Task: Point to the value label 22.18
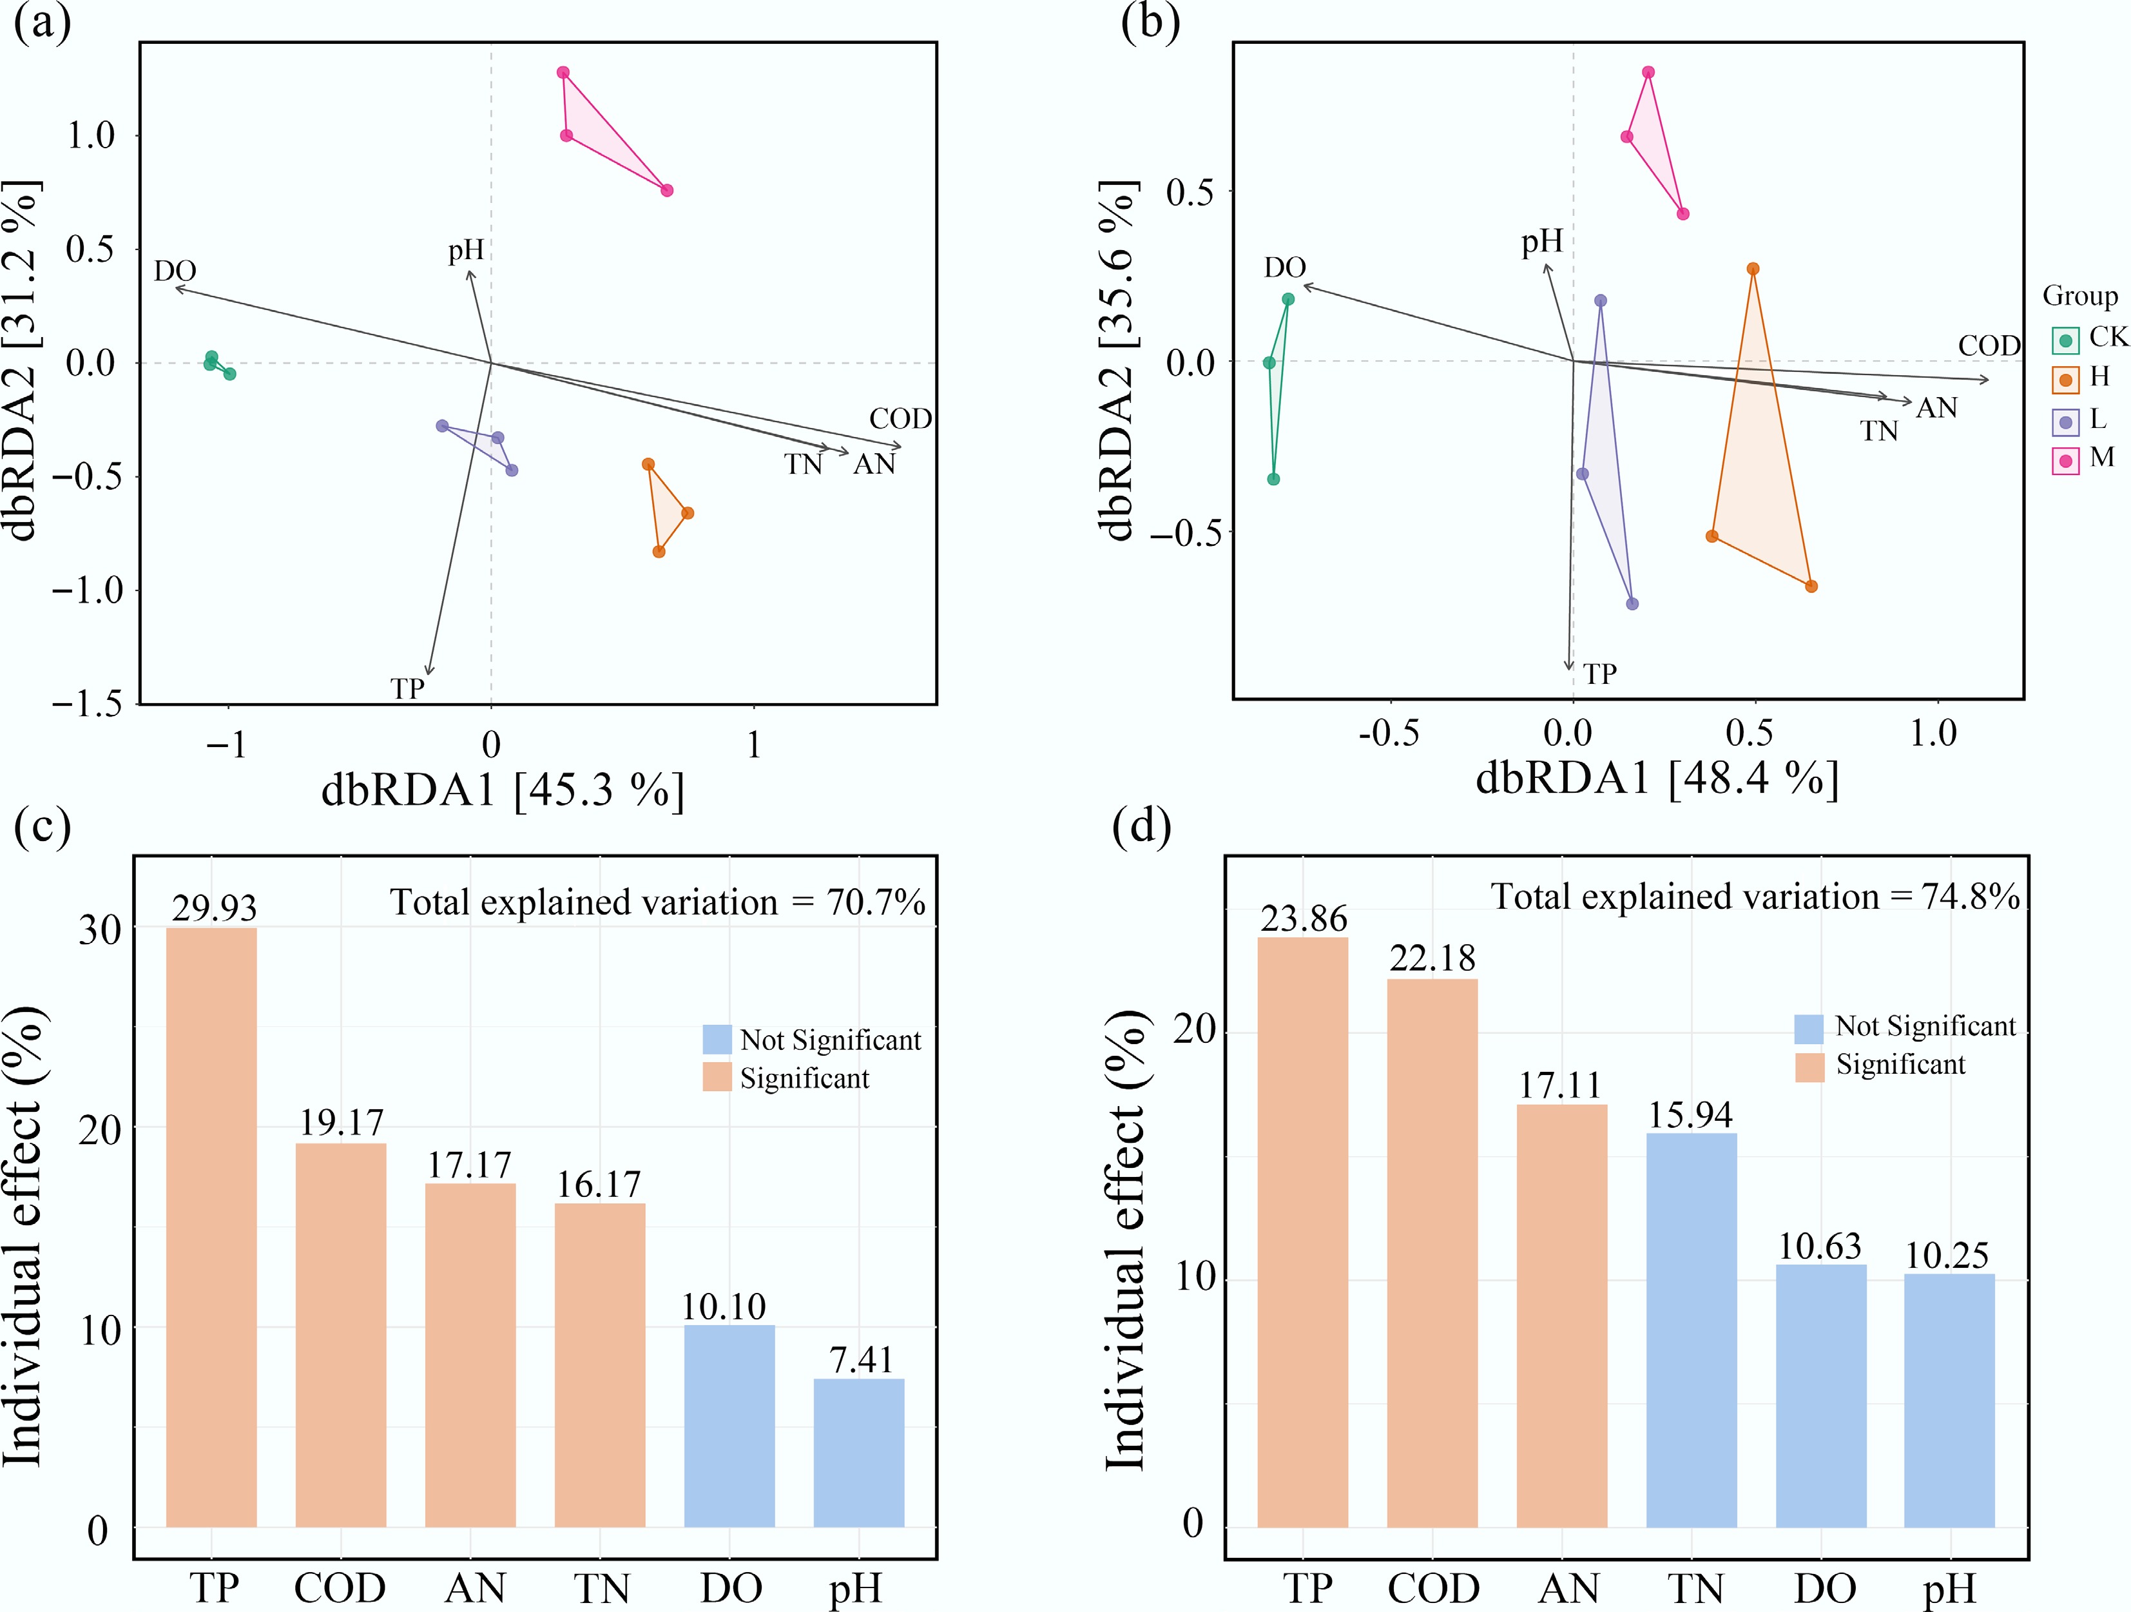pos(1432,958)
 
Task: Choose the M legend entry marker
pos(2065,461)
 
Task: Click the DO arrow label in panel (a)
pos(175,271)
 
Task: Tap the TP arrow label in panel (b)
pos(1599,674)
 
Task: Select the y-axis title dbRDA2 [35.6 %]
pos(1117,362)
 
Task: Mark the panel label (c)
pos(43,828)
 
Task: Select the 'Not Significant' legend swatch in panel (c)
pos(717,1039)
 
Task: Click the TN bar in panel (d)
pos(1691,1330)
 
